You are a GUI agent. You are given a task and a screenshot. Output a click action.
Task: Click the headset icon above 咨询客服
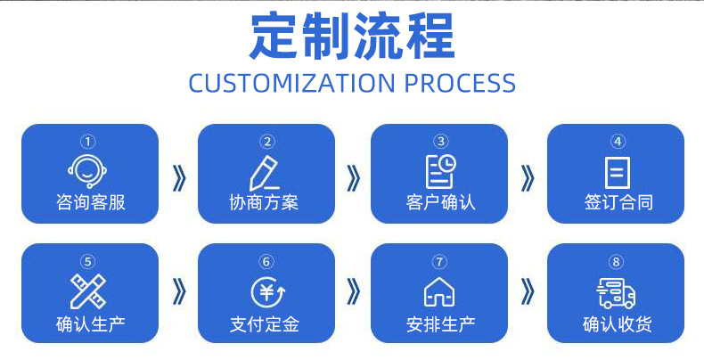click(88, 169)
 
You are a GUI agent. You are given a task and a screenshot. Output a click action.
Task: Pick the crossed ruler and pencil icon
click(88, 290)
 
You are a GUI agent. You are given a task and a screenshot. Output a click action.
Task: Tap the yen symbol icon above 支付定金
click(265, 291)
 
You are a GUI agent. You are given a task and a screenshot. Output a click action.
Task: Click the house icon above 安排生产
click(439, 291)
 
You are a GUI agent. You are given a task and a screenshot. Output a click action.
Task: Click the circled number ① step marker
click(88, 141)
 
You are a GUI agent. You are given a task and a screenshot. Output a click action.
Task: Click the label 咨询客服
click(89, 202)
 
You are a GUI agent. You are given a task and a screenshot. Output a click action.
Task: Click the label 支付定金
click(265, 323)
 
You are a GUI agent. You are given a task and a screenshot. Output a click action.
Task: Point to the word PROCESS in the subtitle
click(460, 83)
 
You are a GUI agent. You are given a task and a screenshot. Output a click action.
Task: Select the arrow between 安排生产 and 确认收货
click(528, 290)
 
